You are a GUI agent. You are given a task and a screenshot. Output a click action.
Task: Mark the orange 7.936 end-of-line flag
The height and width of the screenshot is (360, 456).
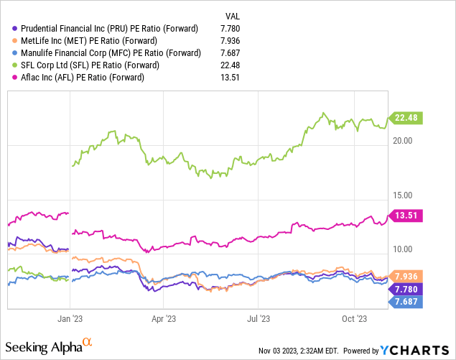point(407,276)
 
